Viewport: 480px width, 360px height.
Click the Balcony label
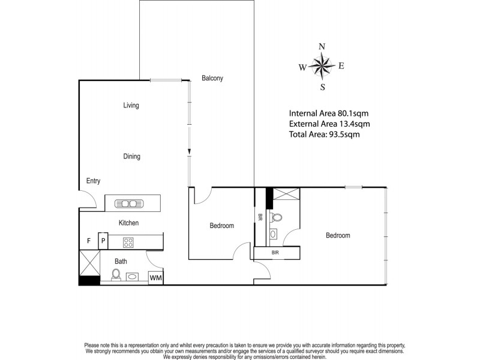pyautogui.click(x=212, y=78)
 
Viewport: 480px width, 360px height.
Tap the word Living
pyautogui.click(x=131, y=106)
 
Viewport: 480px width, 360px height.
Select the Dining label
pyautogui.click(x=131, y=157)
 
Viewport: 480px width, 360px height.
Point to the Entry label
pyautogui.click(x=93, y=181)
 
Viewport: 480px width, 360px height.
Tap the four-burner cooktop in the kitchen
pyautogui.click(x=128, y=242)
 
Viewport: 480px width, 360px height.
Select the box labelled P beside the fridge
pyautogui.click(x=103, y=242)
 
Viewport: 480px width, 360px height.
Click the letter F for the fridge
pyautogui.click(x=89, y=242)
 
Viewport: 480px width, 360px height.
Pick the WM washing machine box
pyautogui.click(x=155, y=278)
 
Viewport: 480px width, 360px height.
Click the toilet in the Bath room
pyautogui.click(x=116, y=276)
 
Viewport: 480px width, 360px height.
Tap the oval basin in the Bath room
pyautogui.click(x=133, y=277)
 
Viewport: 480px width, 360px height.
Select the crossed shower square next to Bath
pyautogui.click(x=89, y=262)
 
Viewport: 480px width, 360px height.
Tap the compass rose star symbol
pyautogui.click(x=323, y=66)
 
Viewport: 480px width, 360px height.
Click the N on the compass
pyautogui.click(x=322, y=47)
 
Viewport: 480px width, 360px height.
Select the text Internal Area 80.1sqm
pyautogui.click(x=328, y=113)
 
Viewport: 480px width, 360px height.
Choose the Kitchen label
pyautogui.click(x=128, y=223)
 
